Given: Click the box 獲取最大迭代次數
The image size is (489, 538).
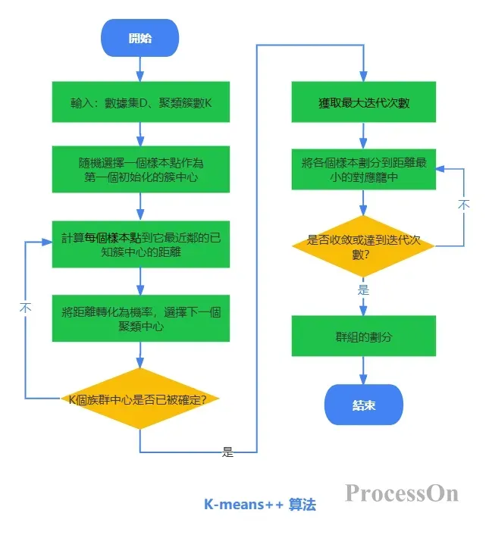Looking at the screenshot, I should (364, 102).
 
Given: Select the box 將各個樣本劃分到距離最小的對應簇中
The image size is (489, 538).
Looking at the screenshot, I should (364, 169).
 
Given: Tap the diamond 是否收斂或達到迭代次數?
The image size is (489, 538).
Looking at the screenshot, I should (364, 246).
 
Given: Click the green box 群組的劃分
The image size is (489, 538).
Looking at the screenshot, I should (364, 336).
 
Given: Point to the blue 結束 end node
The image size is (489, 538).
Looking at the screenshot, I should (364, 405).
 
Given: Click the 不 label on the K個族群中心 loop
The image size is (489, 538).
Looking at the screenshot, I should (26, 308).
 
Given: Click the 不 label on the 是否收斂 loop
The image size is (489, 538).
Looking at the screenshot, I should (464, 205).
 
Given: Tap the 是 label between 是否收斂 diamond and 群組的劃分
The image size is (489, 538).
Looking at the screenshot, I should (364, 289).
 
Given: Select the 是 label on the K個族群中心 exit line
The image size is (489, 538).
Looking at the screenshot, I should (227, 452).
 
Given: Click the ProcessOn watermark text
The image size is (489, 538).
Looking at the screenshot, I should (402, 493).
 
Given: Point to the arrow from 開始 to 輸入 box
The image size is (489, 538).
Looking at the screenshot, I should (140, 68).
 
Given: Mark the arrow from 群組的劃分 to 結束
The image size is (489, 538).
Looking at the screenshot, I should (364, 371).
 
